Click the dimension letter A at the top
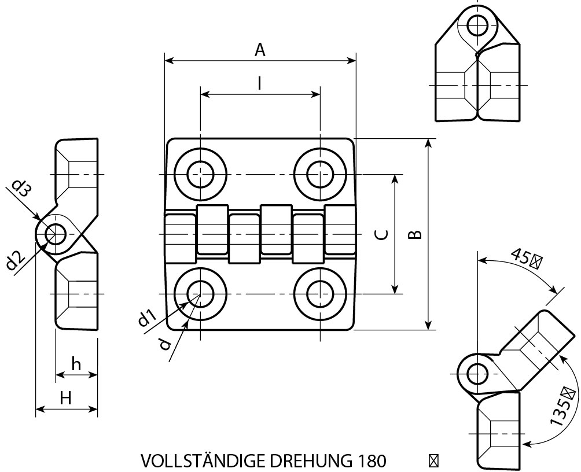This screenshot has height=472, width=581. (260, 50)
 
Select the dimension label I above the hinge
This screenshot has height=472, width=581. (260, 84)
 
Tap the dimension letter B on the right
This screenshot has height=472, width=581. (415, 234)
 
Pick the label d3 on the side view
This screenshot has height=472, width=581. (21, 189)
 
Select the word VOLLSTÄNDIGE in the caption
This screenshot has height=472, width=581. (198, 461)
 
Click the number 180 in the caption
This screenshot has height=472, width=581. (368, 461)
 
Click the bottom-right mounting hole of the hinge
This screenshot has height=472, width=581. (320, 293)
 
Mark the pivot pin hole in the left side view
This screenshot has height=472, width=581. (57, 234)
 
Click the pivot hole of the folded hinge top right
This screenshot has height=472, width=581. (478, 25)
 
